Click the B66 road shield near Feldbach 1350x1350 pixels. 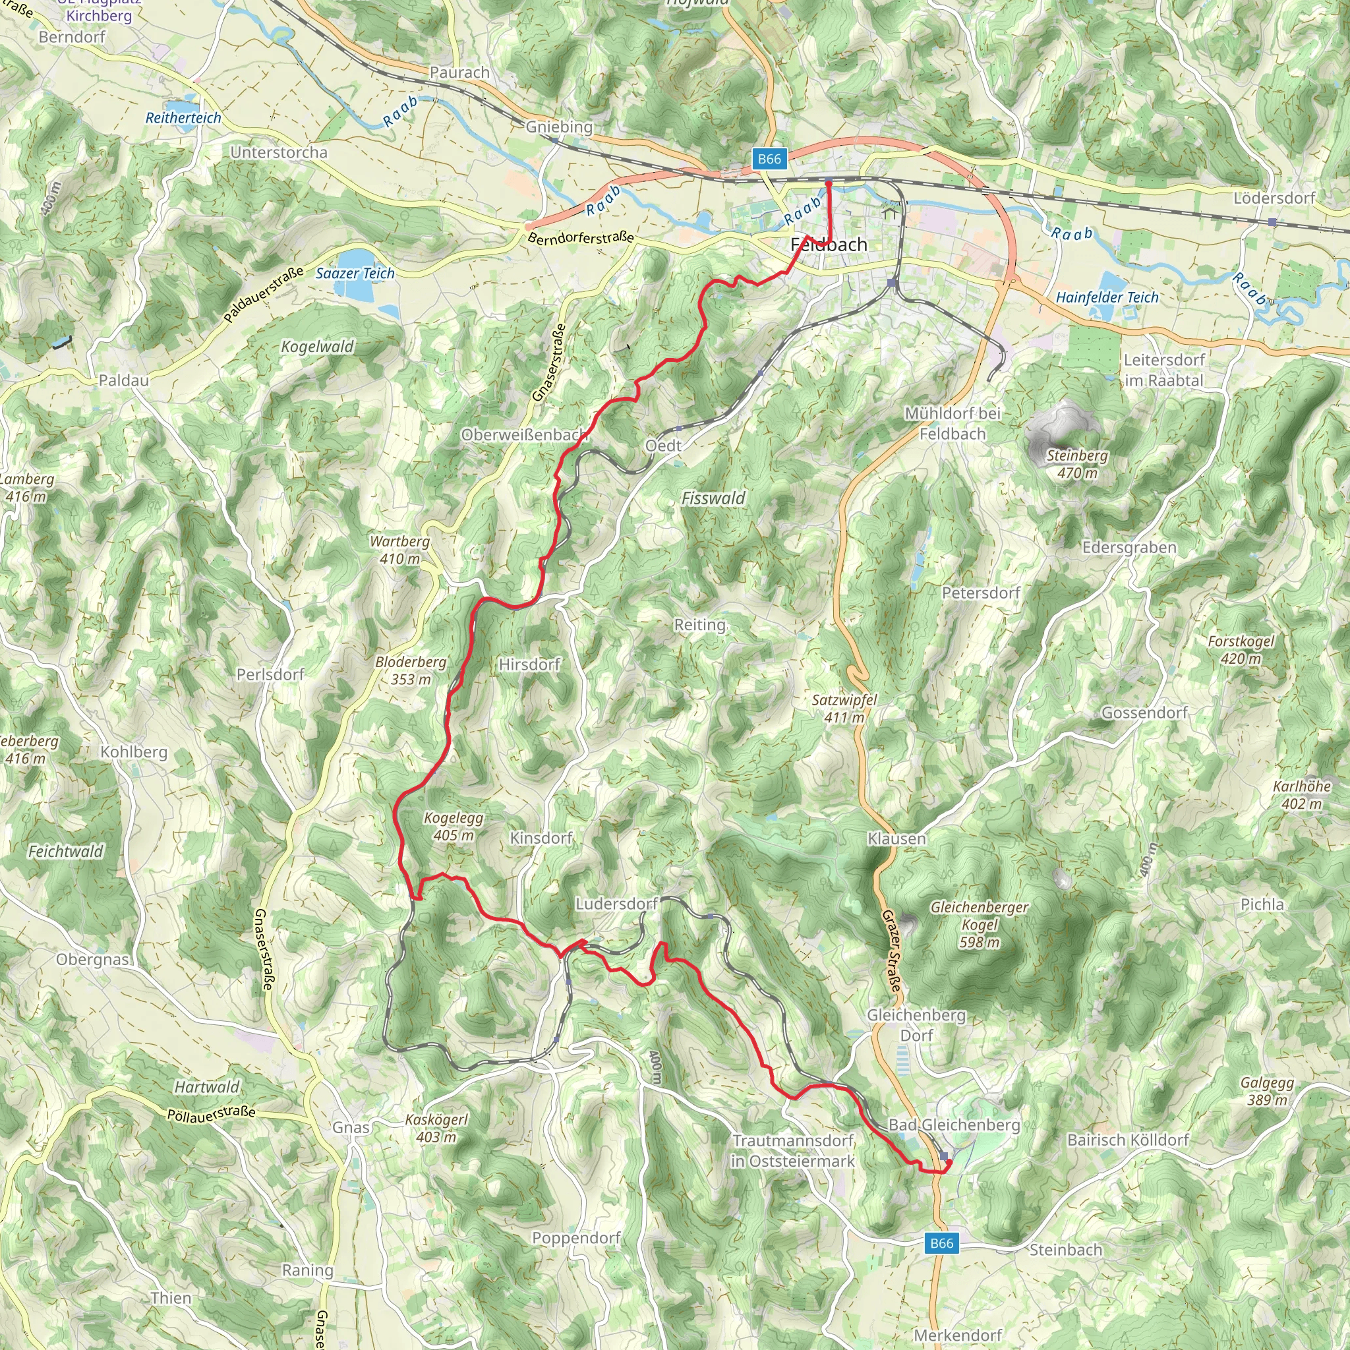[x=769, y=159]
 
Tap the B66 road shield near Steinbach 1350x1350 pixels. [x=941, y=1243]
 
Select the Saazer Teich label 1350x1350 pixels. [x=355, y=273]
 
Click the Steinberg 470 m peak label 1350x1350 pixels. [x=1077, y=464]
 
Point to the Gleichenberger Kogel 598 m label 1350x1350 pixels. [x=979, y=925]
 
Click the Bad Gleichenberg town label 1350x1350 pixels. [x=954, y=1125]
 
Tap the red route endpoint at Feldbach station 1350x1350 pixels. [x=829, y=184]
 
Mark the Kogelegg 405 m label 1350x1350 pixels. [x=454, y=826]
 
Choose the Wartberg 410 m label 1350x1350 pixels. [x=399, y=550]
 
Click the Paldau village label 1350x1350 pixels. [x=124, y=380]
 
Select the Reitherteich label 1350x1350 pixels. [x=183, y=118]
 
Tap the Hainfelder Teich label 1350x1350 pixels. [x=1107, y=297]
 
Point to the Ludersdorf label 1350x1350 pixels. [x=616, y=904]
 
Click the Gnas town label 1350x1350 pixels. [x=351, y=1127]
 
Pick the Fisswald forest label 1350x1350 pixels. [x=713, y=498]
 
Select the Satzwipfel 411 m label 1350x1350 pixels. [x=844, y=708]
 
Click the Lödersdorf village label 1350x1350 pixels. [x=1274, y=198]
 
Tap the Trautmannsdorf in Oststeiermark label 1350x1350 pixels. [x=792, y=1150]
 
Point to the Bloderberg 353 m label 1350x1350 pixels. [x=411, y=670]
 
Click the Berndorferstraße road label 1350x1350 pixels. [x=581, y=237]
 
